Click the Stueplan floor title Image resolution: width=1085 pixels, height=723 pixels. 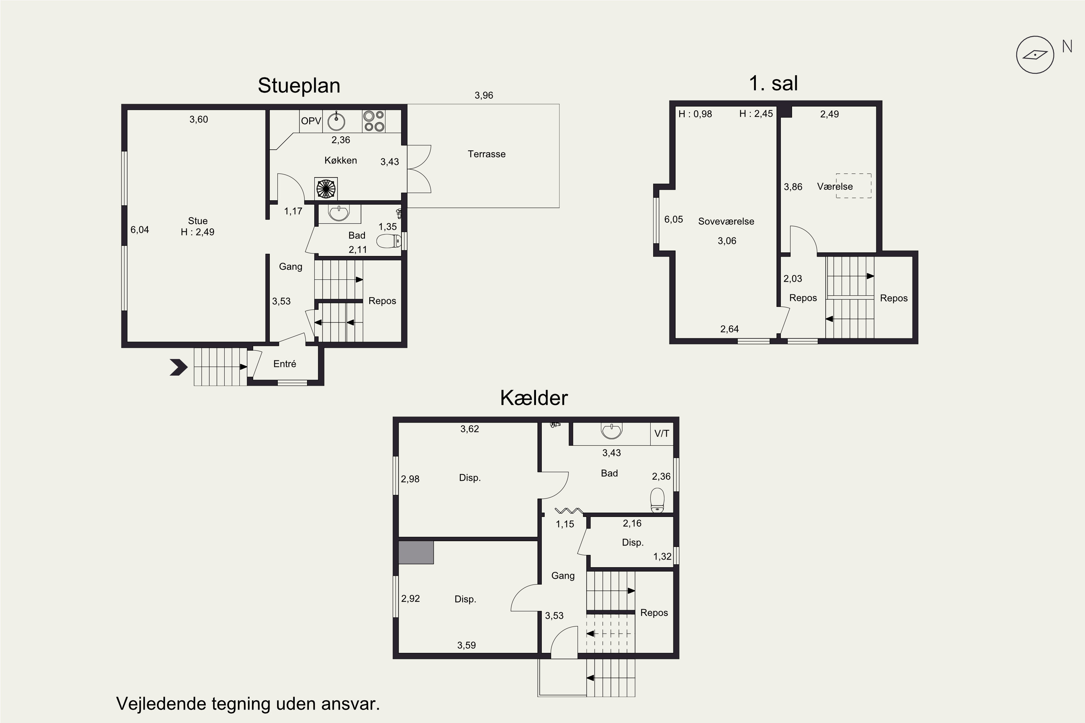299,86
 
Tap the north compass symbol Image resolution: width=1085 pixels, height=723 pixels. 1035,55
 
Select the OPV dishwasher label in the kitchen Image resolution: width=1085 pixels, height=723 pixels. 311,121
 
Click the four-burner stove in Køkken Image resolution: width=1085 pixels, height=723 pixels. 374,121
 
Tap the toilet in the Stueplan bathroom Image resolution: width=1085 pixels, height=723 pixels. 389,241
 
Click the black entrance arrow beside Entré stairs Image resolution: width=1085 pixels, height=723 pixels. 179,367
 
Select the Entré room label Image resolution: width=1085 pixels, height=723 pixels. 285,364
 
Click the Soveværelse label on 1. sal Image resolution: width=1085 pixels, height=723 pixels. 726,221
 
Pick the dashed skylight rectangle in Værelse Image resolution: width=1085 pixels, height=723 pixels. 854,186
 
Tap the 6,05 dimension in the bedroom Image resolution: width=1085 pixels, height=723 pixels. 673,219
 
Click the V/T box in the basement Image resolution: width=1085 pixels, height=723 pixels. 661,433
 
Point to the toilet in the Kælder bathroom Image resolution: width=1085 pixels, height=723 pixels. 657,501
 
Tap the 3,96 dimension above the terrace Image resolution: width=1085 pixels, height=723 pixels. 484,95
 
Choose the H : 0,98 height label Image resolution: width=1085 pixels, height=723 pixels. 695,114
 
